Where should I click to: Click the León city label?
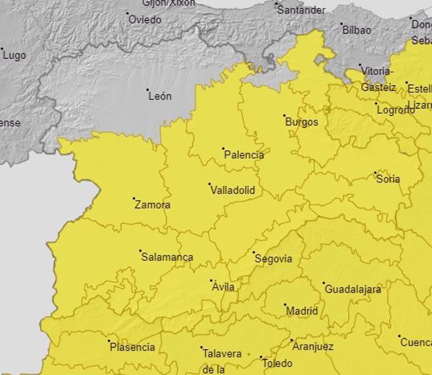(x=160, y=96)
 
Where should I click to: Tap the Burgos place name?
(x=301, y=122)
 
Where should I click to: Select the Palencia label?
(x=244, y=155)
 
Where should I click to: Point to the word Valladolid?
(x=233, y=191)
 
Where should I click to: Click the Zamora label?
(x=152, y=205)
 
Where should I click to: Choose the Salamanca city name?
(x=167, y=257)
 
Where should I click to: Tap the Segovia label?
(x=273, y=259)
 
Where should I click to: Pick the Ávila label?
(x=223, y=287)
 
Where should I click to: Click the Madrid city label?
(x=302, y=311)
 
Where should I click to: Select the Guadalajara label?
(x=352, y=289)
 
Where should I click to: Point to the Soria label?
(x=388, y=179)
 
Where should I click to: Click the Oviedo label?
(x=144, y=20)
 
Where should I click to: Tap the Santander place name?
(x=301, y=10)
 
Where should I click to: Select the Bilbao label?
(x=356, y=30)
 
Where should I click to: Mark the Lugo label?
(x=14, y=55)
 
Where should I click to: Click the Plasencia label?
(x=132, y=348)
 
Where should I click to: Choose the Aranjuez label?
(x=313, y=347)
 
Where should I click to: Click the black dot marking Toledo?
(x=261, y=357)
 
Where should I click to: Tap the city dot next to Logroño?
(x=377, y=103)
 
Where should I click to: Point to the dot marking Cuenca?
(x=399, y=336)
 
